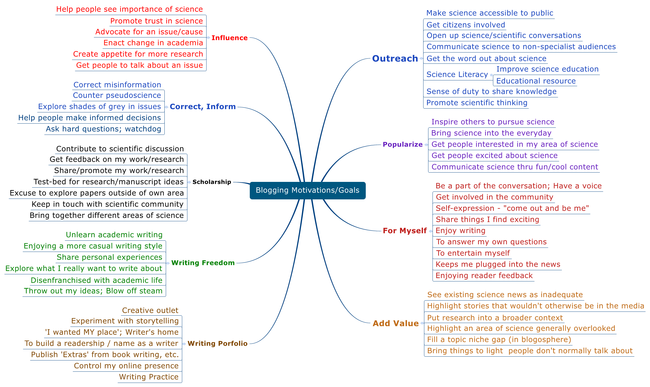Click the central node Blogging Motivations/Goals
[307, 190]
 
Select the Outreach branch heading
[395, 59]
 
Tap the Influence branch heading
[230, 38]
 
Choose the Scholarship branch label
[212, 182]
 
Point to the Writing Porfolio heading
[217, 344]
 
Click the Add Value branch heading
[396, 323]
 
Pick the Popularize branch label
[403, 144]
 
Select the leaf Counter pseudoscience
[117, 95]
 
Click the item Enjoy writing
[460, 231]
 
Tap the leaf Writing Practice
[149, 377]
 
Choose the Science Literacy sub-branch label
[457, 74]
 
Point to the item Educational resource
[536, 81]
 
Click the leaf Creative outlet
[150, 310]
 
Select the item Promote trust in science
[156, 21]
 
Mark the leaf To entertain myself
[473, 253]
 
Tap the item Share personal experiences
[109, 257]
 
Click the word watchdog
[143, 129]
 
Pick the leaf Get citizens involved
[466, 25]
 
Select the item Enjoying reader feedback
[484, 275]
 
